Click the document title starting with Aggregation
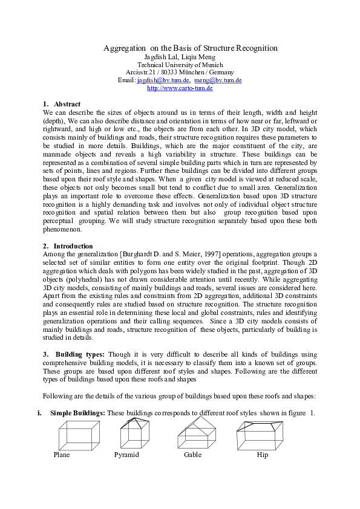(x=190, y=48)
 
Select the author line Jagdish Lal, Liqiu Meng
(x=180, y=57)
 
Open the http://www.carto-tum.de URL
(x=180, y=88)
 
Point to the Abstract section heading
(x=67, y=105)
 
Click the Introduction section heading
(x=73, y=246)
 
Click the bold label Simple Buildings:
(x=77, y=412)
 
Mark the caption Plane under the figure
(x=62, y=455)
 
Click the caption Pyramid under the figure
(x=126, y=455)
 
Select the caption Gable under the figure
(x=192, y=455)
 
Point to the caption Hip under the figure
(x=262, y=455)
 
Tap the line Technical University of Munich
(x=180, y=65)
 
